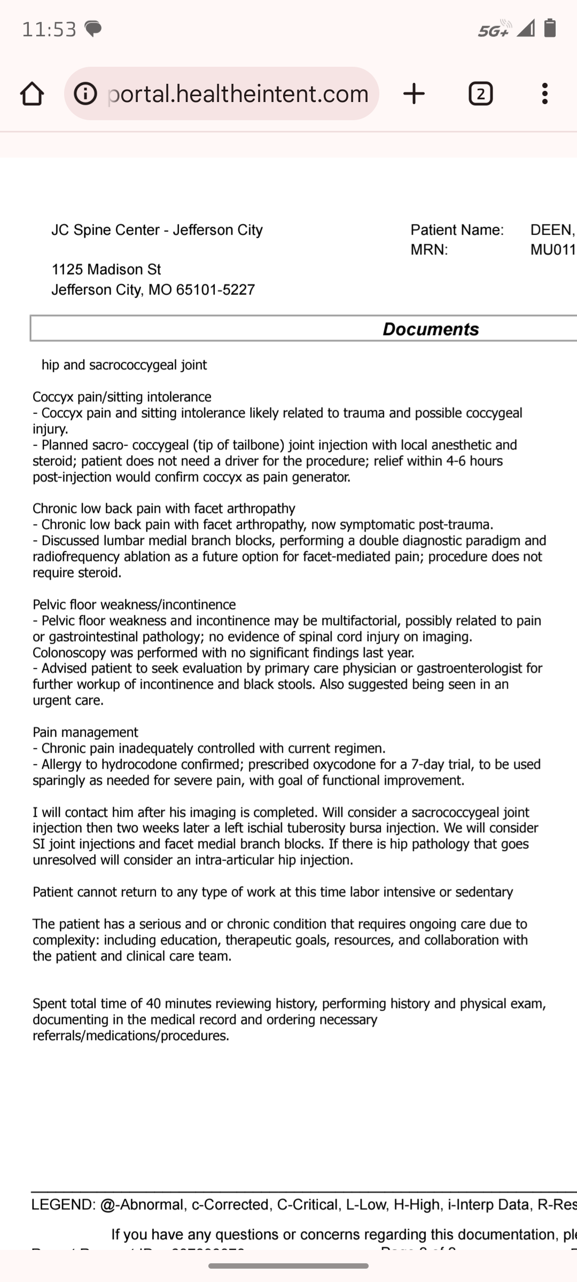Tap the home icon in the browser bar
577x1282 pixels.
coord(32,94)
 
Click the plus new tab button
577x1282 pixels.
coord(414,94)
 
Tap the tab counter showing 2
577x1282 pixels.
coord(480,94)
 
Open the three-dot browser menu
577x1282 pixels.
coord(544,94)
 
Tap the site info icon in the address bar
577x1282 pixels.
coord(85,94)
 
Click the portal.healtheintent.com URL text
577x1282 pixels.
coord(238,94)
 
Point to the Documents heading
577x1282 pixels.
coord(431,329)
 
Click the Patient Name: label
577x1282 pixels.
coord(457,230)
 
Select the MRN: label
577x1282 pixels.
coord(429,249)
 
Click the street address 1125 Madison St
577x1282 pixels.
coord(106,269)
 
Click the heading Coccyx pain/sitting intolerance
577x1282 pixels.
coord(122,397)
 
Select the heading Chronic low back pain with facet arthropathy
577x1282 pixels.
coord(163,509)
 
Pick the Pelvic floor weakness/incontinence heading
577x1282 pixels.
coord(134,605)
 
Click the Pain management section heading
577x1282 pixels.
coord(85,732)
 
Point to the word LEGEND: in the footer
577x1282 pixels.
coord(64,1205)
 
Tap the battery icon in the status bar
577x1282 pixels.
coord(550,28)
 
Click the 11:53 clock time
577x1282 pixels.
coord(49,29)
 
